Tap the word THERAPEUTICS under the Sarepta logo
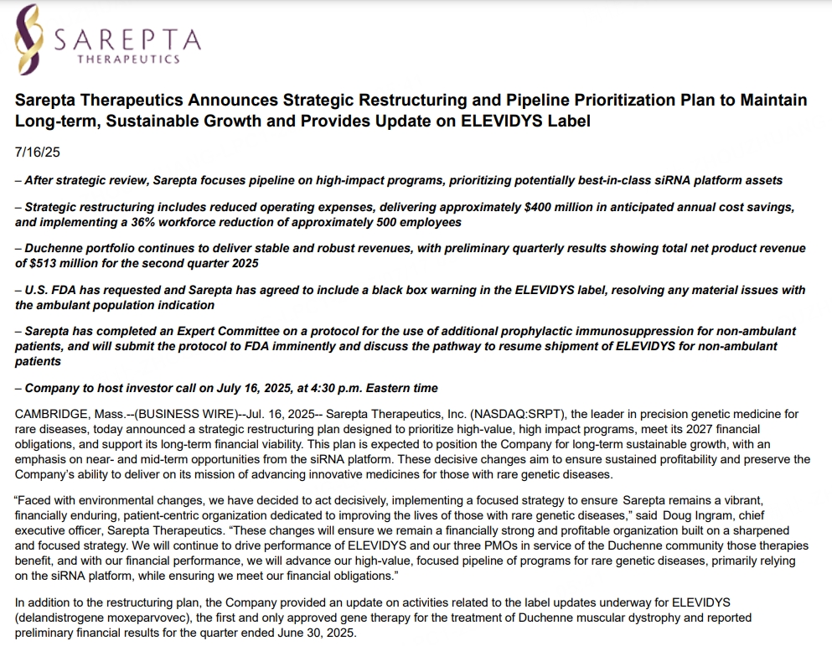(128, 60)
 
